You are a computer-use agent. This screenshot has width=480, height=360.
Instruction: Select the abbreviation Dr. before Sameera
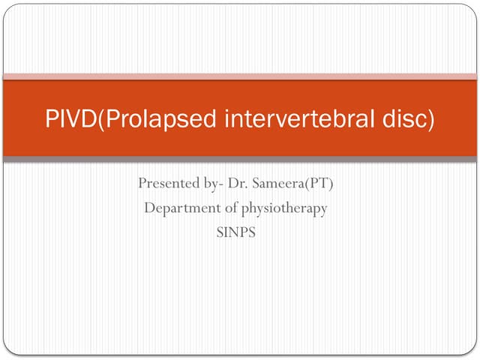[239, 184]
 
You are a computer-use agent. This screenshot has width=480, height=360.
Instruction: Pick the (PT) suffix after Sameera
[318, 184]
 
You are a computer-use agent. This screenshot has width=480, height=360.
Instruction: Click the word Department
[179, 208]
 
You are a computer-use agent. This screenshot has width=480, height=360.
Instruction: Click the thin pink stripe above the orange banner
[240, 76]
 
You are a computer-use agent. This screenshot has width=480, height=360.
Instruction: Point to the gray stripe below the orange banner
[240, 159]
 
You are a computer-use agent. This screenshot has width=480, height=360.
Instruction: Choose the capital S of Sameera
[256, 184]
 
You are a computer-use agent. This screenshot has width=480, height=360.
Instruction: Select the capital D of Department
[149, 208]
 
